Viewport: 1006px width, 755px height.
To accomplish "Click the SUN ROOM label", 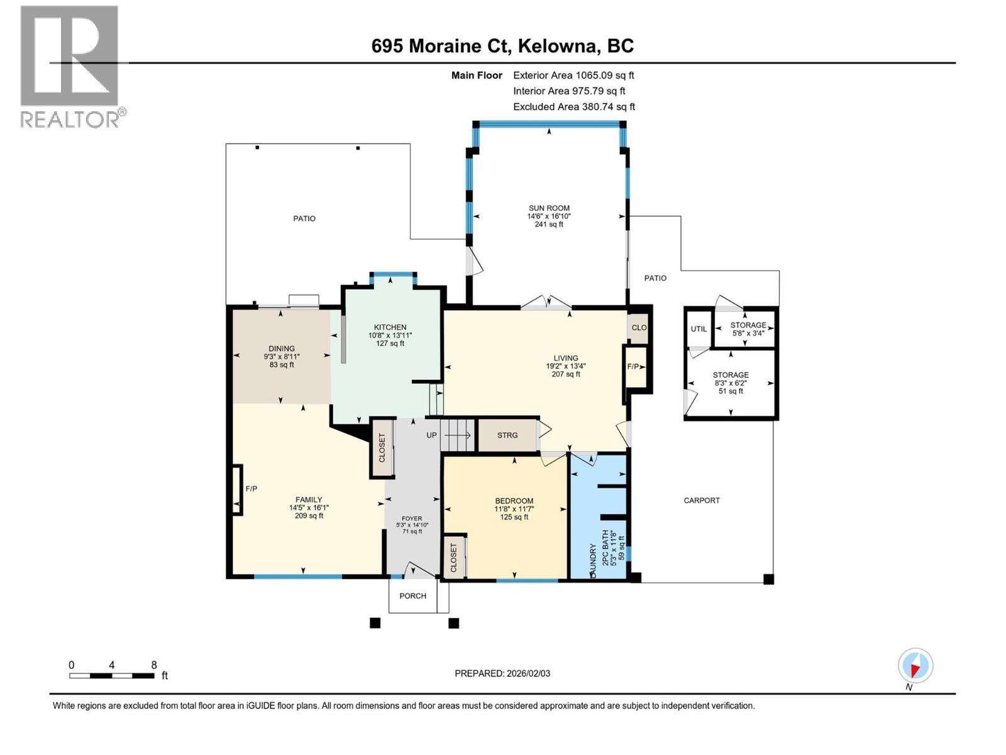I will pyautogui.click(x=549, y=208).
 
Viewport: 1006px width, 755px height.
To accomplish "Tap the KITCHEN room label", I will pyautogui.click(x=390, y=327).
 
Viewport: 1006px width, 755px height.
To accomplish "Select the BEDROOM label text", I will pyautogui.click(x=514, y=501).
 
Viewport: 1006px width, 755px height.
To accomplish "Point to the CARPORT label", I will pyautogui.click(x=702, y=500).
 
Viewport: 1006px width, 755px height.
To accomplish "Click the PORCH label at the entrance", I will pyautogui.click(x=412, y=596).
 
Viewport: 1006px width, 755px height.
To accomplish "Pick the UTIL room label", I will pyautogui.click(x=699, y=329).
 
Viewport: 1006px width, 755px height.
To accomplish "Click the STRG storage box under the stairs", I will pyautogui.click(x=507, y=435).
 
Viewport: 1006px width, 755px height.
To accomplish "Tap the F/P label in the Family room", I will pyautogui.click(x=251, y=488).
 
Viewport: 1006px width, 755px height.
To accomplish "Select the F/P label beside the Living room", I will pyautogui.click(x=633, y=367).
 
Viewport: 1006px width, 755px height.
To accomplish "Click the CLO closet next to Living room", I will pyautogui.click(x=639, y=327).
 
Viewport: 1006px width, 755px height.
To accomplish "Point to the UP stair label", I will pyautogui.click(x=431, y=435).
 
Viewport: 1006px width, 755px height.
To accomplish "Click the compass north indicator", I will pyautogui.click(x=915, y=666).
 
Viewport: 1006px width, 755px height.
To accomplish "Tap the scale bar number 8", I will pyautogui.click(x=154, y=665).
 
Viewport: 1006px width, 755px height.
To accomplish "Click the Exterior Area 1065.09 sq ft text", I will pyautogui.click(x=573, y=75).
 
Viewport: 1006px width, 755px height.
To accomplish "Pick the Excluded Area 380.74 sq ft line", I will pyautogui.click(x=573, y=106).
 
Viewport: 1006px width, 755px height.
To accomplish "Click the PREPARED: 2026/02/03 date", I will pyautogui.click(x=502, y=673).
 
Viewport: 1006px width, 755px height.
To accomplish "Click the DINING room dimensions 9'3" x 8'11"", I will pyautogui.click(x=282, y=357).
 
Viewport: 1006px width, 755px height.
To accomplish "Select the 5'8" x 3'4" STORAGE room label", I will pyautogui.click(x=748, y=333).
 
